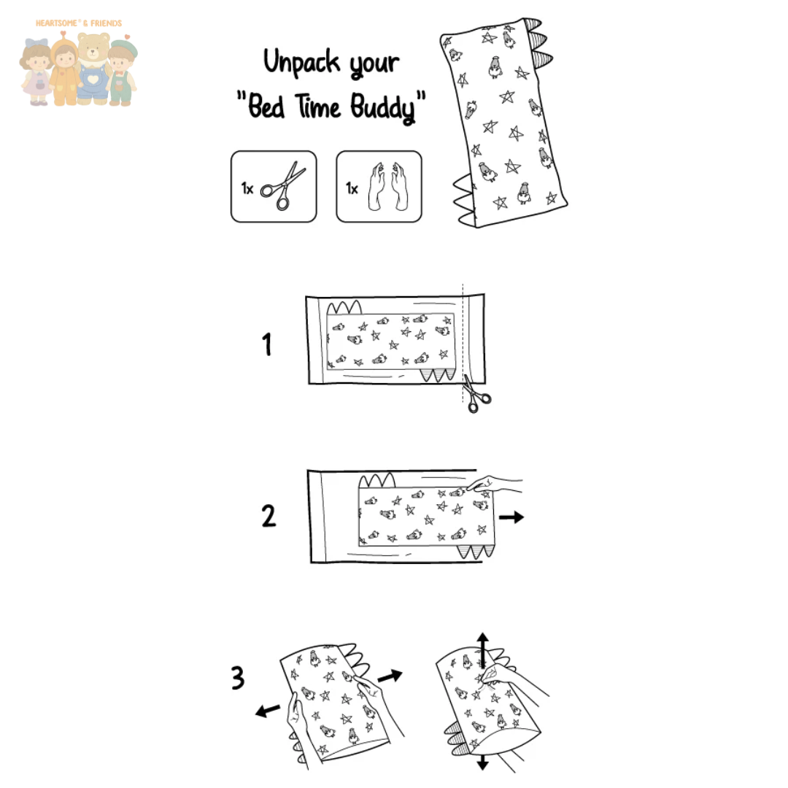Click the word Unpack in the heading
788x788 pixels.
click(302, 62)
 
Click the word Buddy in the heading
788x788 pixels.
click(383, 107)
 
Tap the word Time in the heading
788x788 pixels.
click(317, 106)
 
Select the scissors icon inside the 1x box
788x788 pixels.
click(283, 185)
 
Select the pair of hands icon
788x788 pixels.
click(388, 186)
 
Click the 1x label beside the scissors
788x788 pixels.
click(247, 188)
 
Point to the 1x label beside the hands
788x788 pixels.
click(352, 188)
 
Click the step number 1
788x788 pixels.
click(267, 344)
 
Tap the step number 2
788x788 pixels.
click(269, 516)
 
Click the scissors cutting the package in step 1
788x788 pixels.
click(476, 395)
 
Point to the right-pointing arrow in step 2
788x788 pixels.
click(511, 517)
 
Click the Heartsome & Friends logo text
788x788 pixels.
click(79, 23)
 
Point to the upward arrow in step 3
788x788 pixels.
click(483, 650)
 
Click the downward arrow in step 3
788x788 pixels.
click(483, 762)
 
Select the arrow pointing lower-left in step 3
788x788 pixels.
click(267, 710)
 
